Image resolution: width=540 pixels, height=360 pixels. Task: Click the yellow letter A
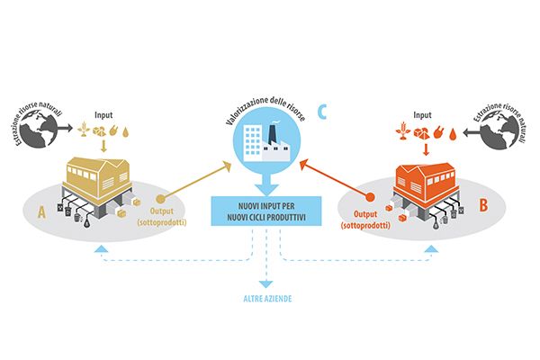tap(41, 211)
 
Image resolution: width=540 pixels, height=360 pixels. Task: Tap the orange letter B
tap(483, 204)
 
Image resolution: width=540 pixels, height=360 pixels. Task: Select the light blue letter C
tap(322, 112)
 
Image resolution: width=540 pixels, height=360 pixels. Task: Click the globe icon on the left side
tap(39, 130)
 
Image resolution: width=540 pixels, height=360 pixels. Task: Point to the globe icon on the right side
tap(499, 130)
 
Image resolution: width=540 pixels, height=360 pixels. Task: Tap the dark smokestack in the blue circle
tap(272, 135)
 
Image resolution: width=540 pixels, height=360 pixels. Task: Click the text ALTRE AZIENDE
tap(267, 299)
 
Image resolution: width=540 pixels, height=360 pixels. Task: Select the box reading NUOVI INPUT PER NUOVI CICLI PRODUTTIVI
tap(266, 211)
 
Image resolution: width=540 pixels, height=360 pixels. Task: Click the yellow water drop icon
tap(125, 132)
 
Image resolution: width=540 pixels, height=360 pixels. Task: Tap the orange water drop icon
tap(452, 134)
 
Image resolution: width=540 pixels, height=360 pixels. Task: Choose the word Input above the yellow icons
tap(103, 115)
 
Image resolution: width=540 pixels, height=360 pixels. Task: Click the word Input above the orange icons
tap(422, 115)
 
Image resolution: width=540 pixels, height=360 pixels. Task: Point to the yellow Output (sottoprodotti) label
tap(162, 217)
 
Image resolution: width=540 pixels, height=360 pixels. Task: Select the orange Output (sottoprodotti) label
tap(365, 220)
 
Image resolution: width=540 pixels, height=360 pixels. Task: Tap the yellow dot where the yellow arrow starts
tap(160, 199)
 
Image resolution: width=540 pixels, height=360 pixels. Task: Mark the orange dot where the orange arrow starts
tap(370, 197)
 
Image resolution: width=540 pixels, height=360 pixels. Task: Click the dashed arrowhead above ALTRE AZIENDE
tap(265, 284)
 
